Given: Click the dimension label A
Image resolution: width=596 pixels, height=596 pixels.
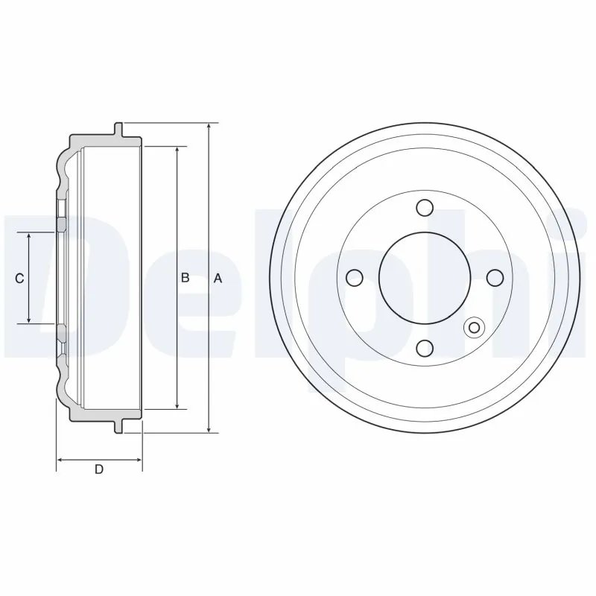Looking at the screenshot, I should click(218, 278).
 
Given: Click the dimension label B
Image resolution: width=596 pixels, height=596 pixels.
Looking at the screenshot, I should click(186, 278).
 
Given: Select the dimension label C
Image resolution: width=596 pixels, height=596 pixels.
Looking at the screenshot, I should click(20, 278).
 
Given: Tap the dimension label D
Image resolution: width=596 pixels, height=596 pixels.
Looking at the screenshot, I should click(98, 469).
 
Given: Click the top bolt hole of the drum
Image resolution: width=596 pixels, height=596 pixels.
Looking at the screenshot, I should click(425, 207).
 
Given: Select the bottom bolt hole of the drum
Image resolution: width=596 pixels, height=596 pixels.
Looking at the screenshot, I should click(425, 348).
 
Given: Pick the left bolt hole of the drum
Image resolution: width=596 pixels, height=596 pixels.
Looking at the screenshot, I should click(355, 278).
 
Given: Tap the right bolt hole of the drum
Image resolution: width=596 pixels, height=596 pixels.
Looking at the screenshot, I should click(495, 278).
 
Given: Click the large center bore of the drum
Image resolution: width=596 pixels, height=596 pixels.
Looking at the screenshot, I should click(425, 277).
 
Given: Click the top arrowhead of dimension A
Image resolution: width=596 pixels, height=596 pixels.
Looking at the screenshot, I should click(210, 127).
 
